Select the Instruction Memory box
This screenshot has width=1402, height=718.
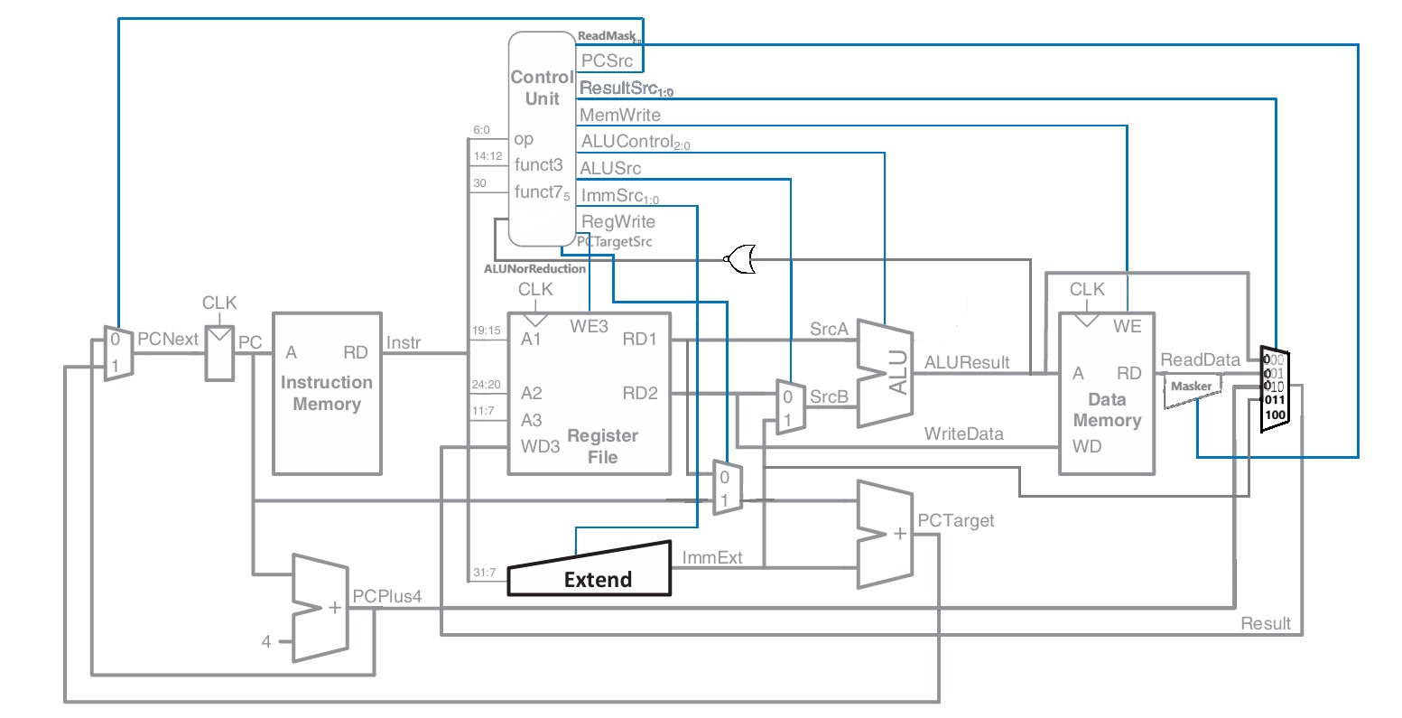[x=326, y=393]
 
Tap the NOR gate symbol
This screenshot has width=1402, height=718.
[x=741, y=258]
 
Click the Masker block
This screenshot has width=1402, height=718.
[x=1192, y=387]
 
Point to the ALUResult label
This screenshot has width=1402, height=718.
[x=965, y=362]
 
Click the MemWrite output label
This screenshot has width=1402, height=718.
[x=620, y=115]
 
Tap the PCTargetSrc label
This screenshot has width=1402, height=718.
[x=614, y=242]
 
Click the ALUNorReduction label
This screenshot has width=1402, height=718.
[x=534, y=268]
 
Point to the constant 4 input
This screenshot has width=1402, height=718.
[x=266, y=641]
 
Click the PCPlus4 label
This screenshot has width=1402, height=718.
[x=386, y=597]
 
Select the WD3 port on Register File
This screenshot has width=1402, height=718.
[x=540, y=446]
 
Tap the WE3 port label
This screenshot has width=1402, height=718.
[x=589, y=326]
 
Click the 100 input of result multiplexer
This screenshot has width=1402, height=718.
[x=1275, y=415]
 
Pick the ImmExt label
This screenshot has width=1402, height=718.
[x=712, y=557]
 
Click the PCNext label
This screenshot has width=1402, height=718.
[x=167, y=339]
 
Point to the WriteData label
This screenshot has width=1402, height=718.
[x=963, y=434]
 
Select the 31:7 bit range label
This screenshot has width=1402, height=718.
[x=485, y=573]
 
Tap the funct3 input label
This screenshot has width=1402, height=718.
[x=539, y=164]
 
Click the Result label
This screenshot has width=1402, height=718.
[x=1265, y=623]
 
